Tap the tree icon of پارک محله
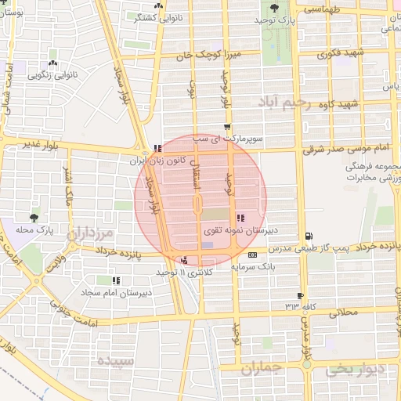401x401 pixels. [34, 218]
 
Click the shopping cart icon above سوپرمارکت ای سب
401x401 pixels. [227, 127]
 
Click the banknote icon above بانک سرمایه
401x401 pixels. [252, 255]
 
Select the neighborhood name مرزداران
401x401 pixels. [90, 233]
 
